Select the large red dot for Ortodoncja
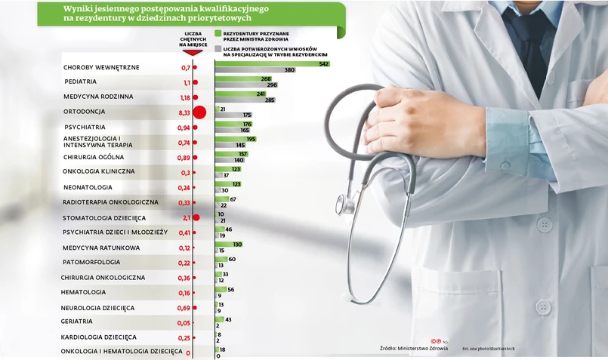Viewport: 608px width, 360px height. click(199, 112)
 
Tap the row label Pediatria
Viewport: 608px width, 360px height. click(80, 82)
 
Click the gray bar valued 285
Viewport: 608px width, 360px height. click(239, 100)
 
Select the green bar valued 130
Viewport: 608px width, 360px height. click(228, 245)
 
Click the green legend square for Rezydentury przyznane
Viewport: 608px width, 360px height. click(218, 34)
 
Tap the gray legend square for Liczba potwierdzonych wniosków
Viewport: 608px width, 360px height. click(218, 48)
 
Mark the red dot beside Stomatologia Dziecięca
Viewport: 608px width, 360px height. click(196, 217)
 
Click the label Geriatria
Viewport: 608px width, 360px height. click(76, 322)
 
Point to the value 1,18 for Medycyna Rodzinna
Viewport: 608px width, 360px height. click(184, 97)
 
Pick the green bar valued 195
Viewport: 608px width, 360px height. click(235, 139)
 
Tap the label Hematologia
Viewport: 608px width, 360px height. click(83, 292)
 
